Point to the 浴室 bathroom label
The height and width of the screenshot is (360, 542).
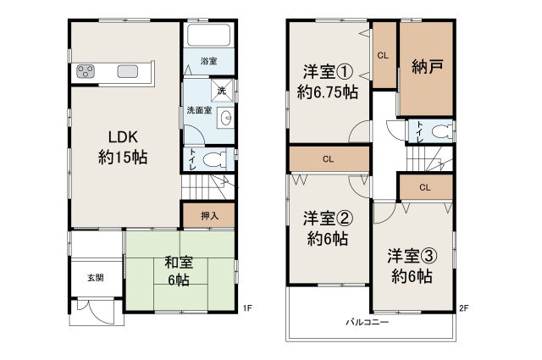click(x=208, y=62)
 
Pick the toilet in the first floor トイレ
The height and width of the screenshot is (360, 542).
click(x=215, y=158)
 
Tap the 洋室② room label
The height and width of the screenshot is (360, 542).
click(x=326, y=228)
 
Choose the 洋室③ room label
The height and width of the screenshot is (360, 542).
click(x=411, y=265)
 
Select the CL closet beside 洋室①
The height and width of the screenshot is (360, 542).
click(x=383, y=56)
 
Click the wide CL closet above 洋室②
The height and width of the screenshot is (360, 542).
click(x=329, y=158)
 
